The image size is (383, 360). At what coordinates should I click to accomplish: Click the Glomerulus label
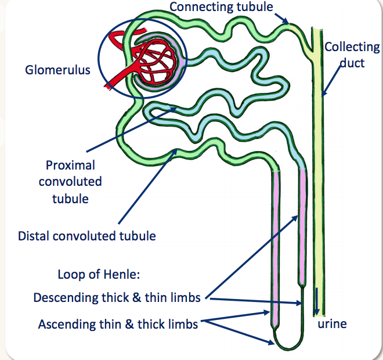pyautogui.click(x=58, y=70)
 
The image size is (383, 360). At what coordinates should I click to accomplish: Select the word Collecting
pyautogui.click(x=352, y=47)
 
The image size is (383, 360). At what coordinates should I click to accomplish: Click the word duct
pyautogui.click(x=352, y=62)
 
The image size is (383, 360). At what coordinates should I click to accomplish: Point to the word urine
pyautogui.click(x=332, y=323)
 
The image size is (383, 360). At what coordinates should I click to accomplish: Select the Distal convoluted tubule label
pyautogui.click(x=87, y=236)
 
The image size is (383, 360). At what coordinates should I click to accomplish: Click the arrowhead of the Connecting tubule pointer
pyautogui.click(x=288, y=23)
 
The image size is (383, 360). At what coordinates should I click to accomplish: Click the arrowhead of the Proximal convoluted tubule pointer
pyautogui.click(x=172, y=106)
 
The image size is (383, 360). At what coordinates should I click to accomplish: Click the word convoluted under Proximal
pyautogui.click(x=70, y=181)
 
